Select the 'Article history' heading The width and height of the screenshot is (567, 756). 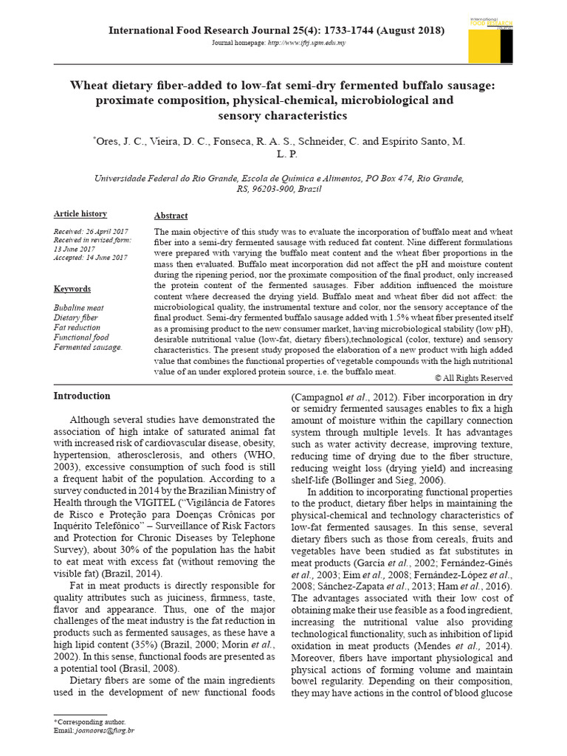click(80, 214)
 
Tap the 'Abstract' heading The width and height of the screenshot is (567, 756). click(171, 216)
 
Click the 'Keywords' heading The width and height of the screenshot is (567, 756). click(72, 289)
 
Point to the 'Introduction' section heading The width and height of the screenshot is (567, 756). click(82, 396)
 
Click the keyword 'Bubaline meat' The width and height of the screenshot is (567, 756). click(79, 306)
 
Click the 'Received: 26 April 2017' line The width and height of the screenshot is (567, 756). click(90, 231)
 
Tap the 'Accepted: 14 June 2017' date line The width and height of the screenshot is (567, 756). click(90, 258)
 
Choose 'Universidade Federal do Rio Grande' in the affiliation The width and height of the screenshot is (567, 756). click(162, 179)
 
